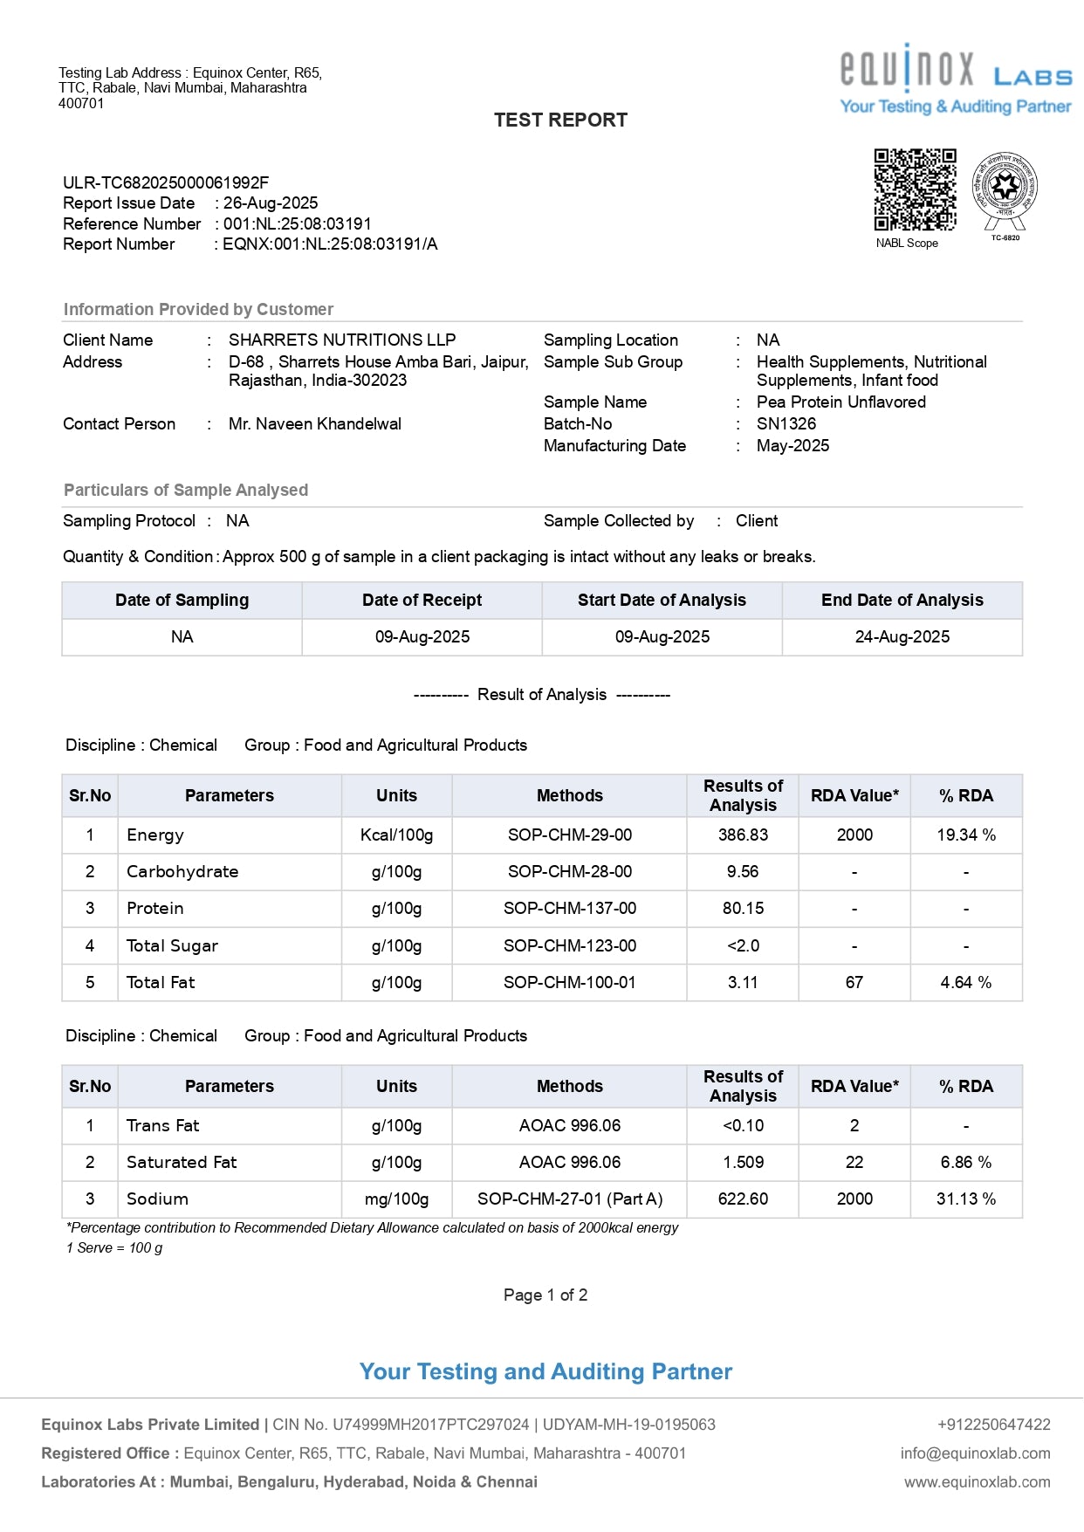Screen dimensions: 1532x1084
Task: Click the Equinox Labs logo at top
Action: point(955,79)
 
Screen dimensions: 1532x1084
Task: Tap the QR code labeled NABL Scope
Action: point(915,189)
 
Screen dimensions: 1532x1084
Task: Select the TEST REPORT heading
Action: point(560,120)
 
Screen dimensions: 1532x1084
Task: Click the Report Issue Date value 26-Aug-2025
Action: point(271,203)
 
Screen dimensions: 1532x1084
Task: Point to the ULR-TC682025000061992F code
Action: point(166,183)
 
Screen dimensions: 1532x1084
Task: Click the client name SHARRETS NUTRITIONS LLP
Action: point(342,340)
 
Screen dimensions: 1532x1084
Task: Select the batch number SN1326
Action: point(786,424)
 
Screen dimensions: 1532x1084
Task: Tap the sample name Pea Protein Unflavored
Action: point(840,402)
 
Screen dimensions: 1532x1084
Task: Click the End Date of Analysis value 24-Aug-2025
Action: point(902,637)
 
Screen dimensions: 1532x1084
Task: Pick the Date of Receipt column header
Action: point(422,601)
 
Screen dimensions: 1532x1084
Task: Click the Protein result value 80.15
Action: point(743,909)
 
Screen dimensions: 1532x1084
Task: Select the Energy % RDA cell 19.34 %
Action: point(965,835)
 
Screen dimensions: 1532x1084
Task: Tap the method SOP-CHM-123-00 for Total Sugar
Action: point(569,946)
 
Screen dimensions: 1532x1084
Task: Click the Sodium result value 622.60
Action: point(743,1199)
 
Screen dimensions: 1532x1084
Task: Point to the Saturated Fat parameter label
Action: point(182,1163)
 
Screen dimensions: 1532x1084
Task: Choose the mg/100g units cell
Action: point(396,1199)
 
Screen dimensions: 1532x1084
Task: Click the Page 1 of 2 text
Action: point(545,1295)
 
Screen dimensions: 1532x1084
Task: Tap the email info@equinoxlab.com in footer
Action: point(975,1453)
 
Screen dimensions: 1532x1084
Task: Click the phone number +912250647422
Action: point(993,1425)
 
